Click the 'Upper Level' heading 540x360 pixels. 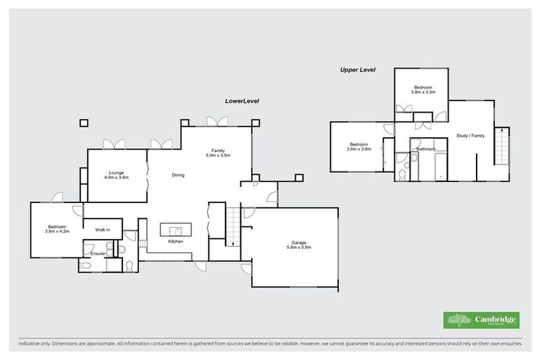358,70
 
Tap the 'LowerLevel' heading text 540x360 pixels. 242,101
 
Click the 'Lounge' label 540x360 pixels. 116,172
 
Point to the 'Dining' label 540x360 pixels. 178,175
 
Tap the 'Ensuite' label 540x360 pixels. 98,253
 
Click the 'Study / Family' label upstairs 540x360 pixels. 470,136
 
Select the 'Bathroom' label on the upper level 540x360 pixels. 426,149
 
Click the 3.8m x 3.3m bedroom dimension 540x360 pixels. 423,92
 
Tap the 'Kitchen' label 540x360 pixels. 176,242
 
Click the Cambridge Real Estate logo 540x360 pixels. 482,320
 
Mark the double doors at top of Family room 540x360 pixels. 217,122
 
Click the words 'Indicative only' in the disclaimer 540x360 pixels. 33,344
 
